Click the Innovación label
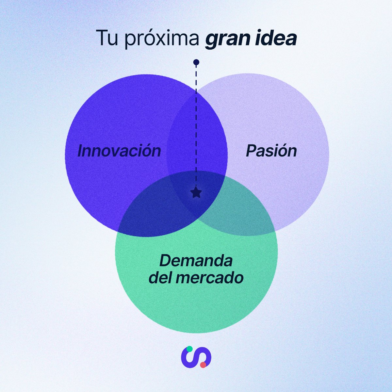click(x=119, y=151)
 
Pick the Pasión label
click(x=271, y=151)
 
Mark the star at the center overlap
click(x=196, y=193)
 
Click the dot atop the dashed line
click(x=196, y=62)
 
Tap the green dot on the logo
click(x=189, y=349)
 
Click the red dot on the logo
click(x=203, y=365)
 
